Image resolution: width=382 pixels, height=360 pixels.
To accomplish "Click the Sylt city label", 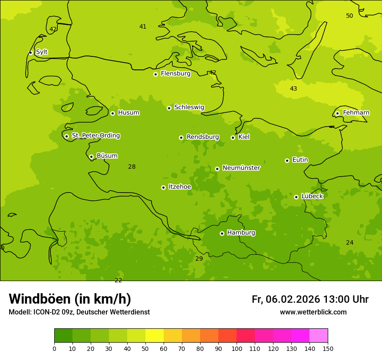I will pos(42,52).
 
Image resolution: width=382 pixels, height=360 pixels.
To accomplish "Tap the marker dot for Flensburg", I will pos(155,74).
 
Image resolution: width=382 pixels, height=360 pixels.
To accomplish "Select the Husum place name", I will pos(128,113).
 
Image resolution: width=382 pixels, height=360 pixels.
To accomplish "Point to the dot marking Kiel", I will pos(233,137).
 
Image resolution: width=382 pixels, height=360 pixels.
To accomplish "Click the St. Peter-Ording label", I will pos(95,136).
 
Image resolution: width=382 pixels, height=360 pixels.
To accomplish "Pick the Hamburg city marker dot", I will pos(222,233).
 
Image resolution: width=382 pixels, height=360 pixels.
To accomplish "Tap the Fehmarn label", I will pos(356,113).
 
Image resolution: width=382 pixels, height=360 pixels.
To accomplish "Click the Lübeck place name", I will pos(312,196).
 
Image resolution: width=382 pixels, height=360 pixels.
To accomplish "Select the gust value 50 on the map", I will pos(349,16).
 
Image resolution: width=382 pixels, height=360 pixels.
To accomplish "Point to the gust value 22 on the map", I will pos(118,280).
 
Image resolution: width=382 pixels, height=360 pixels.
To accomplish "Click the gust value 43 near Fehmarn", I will pos(293,89).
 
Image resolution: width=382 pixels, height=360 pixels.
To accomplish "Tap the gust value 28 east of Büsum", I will pos(132,167).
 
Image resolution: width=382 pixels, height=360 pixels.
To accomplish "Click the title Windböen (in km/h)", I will pos(70,299).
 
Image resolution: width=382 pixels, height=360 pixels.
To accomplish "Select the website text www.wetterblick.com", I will pos(313,312).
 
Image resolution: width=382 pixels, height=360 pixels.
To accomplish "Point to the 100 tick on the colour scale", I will pos(237,348).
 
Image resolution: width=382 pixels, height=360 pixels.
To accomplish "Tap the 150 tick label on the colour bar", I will pos(327,348).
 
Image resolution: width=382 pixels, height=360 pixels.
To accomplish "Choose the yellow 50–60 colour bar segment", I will pos(155,336).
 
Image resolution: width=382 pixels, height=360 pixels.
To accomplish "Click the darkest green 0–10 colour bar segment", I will pos(63,336).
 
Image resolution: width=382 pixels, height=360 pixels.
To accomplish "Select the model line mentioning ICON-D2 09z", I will pos(79,312).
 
